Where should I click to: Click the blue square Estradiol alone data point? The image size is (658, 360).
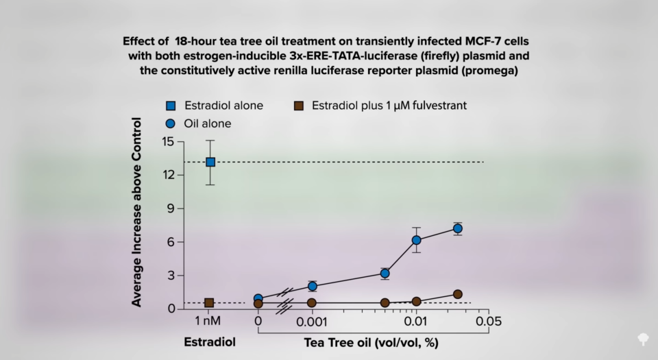(210, 162)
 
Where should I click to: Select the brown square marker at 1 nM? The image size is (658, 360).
(209, 302)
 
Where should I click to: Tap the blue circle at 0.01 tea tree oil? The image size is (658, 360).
(416, 240)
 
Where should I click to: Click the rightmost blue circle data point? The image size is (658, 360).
(457, 228)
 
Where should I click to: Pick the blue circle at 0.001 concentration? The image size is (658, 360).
(313, 286)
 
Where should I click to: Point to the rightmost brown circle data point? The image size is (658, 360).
(457, 294)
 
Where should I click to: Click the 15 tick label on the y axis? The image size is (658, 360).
(167, 142)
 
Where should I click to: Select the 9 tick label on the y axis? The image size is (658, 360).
(171, 208)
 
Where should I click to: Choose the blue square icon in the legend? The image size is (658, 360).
(171, 106)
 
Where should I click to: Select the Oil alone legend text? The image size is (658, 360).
(208, 123)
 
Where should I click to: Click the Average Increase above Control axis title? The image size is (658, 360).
(137, 213)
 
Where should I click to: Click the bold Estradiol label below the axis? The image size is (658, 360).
(209, 341)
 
